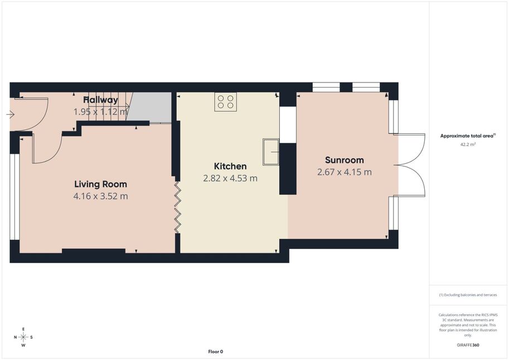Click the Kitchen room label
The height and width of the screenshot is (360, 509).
tap(230, 166)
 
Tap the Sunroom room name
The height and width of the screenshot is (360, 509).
tap(345, 160)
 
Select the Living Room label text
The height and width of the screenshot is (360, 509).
tap(101, 184)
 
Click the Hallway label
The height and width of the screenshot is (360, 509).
tap(101, 100)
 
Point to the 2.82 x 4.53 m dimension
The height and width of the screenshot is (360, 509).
tap(230, 178)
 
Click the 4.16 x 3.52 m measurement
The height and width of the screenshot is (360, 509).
tap(101, 196)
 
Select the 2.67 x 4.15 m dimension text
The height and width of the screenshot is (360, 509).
tap(345, 172)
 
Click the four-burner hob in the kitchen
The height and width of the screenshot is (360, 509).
tap(226, 101)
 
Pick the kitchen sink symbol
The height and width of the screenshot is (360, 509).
tap(271, 152)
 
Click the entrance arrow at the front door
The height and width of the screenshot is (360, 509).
tap(11, 115)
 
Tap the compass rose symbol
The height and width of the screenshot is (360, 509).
tap(23, 337)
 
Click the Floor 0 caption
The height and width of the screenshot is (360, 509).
tap(216, 352)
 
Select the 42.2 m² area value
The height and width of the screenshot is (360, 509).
tap(468, 144)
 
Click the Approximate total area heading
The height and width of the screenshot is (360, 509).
tap(468, 136)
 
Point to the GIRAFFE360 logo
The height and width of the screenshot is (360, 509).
tap(468, 345)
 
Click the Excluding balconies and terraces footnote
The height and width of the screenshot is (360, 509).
tap(468, 295)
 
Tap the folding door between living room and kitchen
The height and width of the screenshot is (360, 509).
tap(178, 207)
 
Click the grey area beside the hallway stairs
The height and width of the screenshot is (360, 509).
tap(149, 106)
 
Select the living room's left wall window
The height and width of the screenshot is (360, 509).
tap(14, 197)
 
